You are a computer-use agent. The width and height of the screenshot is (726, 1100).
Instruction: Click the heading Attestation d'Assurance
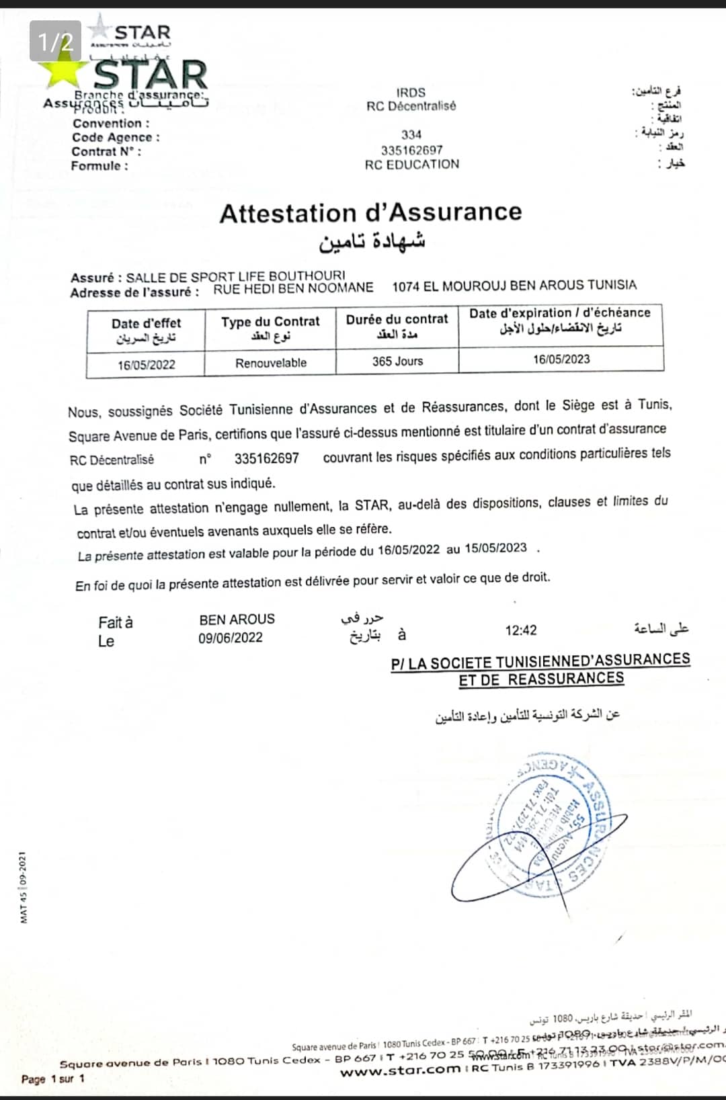pyautogui.click(x=370, y=212)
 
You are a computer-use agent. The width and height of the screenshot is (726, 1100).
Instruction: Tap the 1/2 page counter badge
pyautogui.click(x=55, y=42)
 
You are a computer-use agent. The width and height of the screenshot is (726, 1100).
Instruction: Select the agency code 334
pyautogui.click(x=411, y=134)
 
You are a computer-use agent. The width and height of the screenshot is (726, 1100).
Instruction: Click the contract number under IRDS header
pyautogui.click(x=411, y=150)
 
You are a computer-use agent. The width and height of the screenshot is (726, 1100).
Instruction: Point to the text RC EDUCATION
pyautogui.click(x=411, y=165)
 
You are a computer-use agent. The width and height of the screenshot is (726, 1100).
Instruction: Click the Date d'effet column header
pyautogui.click(x=146, y=323)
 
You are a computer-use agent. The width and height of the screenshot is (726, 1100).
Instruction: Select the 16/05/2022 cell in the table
pyautogui.click(x=146, y=365)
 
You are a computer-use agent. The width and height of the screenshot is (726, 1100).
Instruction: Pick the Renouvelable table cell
pyautogui.click(x=271, y=363)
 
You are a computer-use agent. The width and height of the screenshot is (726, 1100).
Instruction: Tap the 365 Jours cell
pyautogui.click(x=397, y=362)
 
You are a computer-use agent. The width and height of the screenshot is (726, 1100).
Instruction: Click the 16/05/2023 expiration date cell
pyautogui.click(x=561, y=359)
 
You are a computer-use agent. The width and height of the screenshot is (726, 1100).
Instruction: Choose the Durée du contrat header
pyautogui.click(x=397, y=320)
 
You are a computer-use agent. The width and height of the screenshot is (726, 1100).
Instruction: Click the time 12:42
pyautogui.click(x=521, y=630)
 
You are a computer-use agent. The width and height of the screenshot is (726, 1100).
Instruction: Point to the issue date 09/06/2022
pyautogui.click(x=231, y=638)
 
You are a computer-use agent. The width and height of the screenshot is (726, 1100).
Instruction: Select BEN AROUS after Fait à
pyautogui.click(x=237, y=620)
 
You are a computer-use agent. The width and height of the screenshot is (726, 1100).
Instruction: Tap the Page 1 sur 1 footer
pyautogui.click(x=53, y=1079)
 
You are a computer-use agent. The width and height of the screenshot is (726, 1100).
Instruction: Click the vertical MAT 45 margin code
pyautogui.click(x=23, y=886)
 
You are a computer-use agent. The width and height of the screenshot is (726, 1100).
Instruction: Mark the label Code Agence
pyautogui.click(x=116, y=138)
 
